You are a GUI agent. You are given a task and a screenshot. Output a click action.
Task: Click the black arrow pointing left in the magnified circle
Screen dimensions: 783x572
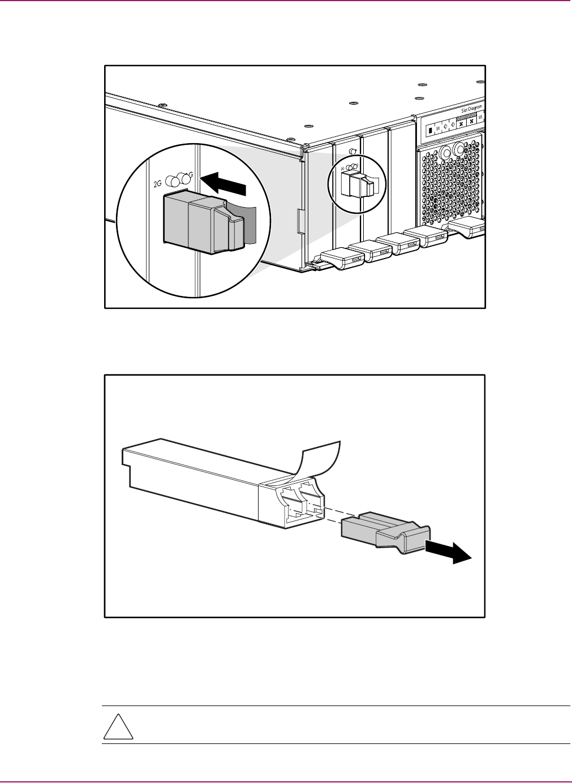pyautogui.click(x=224, y=183)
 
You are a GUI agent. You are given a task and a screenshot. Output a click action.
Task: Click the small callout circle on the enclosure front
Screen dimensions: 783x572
pyautogui.click(x=356, y=184)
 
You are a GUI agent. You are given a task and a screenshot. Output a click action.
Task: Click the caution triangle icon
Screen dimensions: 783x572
pyautogui.click(x=118, y=726)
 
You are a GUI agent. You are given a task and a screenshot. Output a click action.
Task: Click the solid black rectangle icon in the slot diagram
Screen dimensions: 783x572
pyautogui.click(x=429, y=130)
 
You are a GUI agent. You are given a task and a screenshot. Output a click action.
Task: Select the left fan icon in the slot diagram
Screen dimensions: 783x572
pyautogui.click(x=461, y=123)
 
